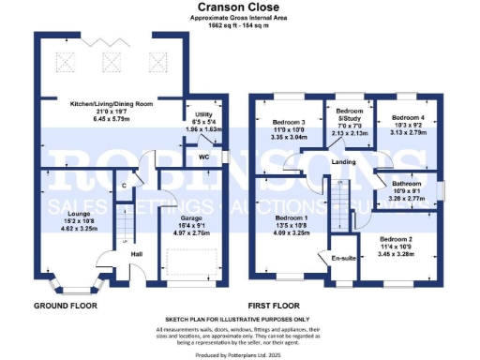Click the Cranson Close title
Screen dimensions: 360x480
click(x=239, y=7)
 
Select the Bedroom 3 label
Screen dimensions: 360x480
click(x=289, y=123)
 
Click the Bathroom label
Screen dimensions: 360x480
click(x=407, y=184)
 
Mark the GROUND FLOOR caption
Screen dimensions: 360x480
click(x=65, y=307)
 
